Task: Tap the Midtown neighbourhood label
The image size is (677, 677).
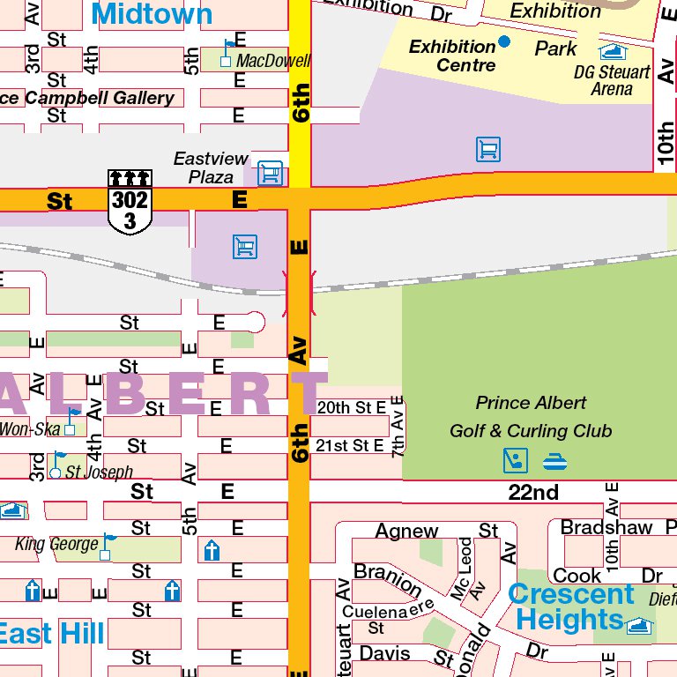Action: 152,13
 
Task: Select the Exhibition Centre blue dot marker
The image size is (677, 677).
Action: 504,41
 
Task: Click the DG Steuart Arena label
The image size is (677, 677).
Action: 612,80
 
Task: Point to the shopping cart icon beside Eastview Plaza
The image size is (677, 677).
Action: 271,172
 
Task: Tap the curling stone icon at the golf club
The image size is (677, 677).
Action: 554,460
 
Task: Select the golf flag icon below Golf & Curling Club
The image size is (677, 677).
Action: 515,460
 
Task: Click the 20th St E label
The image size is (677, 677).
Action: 352,408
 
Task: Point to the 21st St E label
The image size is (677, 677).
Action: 351,446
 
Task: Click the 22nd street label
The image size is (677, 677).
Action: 533,492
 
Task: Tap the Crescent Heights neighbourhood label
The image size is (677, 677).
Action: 570,606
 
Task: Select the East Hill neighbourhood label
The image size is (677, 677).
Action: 52,633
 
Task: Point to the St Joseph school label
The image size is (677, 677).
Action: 99,472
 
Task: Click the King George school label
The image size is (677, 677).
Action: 56,544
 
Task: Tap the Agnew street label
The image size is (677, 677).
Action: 406,531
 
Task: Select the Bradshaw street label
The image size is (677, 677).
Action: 606,527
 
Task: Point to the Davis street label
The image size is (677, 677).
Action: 385,653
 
